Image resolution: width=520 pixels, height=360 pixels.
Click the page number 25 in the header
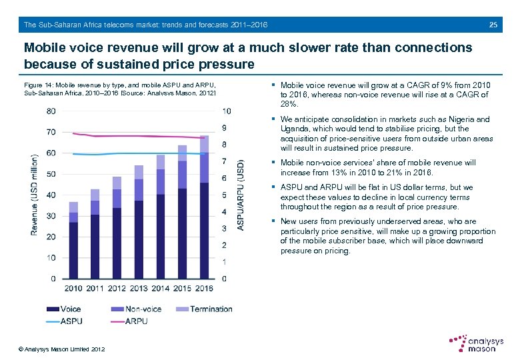(493, 25)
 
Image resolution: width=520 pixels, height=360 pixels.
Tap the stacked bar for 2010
(73, 240)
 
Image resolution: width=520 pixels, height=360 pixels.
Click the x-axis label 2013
(139, 289)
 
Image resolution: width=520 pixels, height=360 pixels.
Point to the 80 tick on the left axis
(51, 111)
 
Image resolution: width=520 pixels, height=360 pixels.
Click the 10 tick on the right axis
(227, 111)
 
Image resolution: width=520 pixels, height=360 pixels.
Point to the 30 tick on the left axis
(51, 216)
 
